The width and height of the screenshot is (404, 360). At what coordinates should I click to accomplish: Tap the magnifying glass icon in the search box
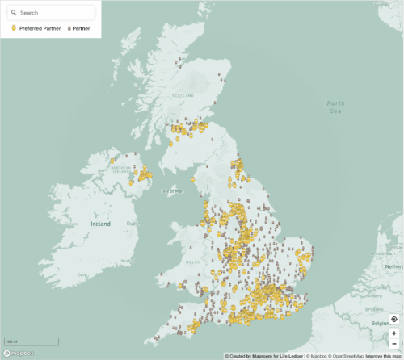click(x=14, y=13)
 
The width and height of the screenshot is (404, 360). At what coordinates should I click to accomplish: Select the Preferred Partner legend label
click(x=40, y=28)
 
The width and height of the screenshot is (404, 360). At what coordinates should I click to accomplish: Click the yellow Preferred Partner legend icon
click(x=14, y=28)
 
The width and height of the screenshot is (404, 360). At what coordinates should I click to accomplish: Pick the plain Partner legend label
click(x=81, y=28)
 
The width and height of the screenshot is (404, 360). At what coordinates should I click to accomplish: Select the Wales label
click(x=191, y=262)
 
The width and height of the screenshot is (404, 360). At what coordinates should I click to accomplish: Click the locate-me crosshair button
click(x=393, y=320)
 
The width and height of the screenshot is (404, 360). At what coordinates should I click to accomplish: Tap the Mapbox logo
click(x=19, y=354)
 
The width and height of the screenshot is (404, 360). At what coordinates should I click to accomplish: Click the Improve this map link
click(x=384, y=356)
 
